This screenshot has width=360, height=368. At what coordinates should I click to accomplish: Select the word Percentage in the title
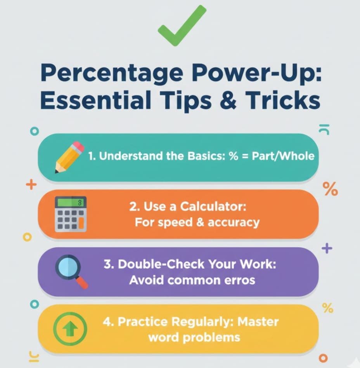[112, 73]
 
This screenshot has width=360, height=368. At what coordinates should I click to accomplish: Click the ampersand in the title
[228, 100]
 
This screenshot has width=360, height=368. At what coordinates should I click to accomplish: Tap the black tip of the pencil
[56, 172]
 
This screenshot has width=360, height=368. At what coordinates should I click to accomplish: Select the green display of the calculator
[70, 202]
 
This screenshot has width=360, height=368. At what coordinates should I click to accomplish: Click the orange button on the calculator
[81, 223]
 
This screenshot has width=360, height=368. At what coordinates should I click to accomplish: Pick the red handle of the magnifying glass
[82, 282]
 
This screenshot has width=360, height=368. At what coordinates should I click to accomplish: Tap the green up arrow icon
[70, 329]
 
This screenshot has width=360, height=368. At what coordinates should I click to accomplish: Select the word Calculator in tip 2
[213, 207]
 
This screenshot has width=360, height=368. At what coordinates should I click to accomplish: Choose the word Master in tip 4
[258, 322]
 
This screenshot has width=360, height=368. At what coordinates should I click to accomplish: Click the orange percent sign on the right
[330, 189]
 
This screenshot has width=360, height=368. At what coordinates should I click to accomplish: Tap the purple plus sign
[327, 248]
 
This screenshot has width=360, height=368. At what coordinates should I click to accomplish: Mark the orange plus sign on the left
[31, 185]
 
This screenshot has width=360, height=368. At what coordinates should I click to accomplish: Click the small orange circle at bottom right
[323, 358]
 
